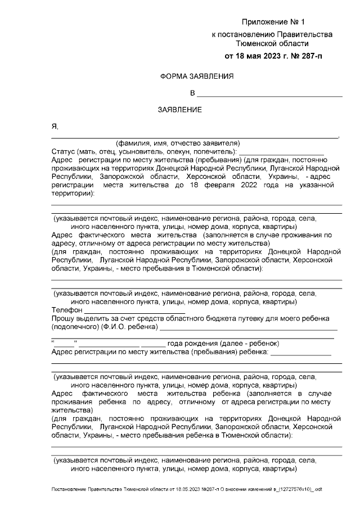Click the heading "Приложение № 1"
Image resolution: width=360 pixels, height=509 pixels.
point(272,22)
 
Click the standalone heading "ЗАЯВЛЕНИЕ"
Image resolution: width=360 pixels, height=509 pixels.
point(179,109)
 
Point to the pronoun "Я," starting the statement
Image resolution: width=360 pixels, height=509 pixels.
point(55,126)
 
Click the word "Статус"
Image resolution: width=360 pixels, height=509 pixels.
point(62,151)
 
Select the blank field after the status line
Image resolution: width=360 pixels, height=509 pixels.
point(281,153)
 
